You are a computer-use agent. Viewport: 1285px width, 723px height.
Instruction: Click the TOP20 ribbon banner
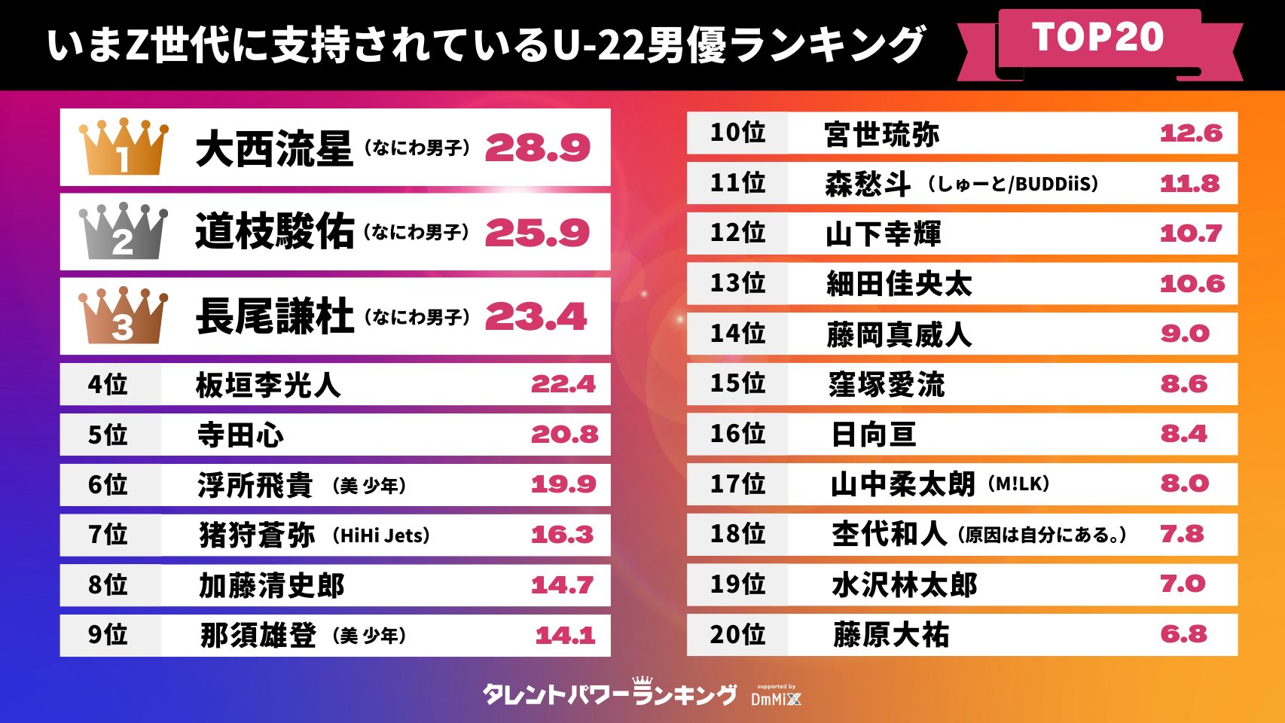(1098, 38)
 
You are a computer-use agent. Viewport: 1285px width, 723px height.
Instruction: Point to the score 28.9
(537, 148)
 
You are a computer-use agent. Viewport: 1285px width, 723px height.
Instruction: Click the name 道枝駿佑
(274, 231)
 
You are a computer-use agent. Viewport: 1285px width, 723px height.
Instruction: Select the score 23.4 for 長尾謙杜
(536, 316)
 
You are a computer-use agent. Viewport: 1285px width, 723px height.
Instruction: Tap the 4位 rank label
(108, 384)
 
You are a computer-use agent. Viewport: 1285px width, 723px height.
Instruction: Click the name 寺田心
(240, 435)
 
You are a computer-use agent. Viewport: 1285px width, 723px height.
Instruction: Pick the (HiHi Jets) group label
(381, 535)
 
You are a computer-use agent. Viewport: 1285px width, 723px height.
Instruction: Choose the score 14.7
(562, 584)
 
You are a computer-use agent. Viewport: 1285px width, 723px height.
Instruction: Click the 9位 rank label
(108, 634)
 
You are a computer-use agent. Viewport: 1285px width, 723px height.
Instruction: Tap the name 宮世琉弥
(881, 134)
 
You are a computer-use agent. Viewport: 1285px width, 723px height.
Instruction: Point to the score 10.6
(1192, 283)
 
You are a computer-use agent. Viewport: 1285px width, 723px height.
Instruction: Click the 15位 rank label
(737, 383)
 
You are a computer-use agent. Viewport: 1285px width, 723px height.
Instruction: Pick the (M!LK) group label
(1018, 484)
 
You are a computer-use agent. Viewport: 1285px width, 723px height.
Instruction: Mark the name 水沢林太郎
(904, 584)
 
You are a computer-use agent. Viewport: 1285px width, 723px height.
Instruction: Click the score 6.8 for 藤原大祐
(1183, 634)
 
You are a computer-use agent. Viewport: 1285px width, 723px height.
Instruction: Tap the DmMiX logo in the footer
(776, 697)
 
